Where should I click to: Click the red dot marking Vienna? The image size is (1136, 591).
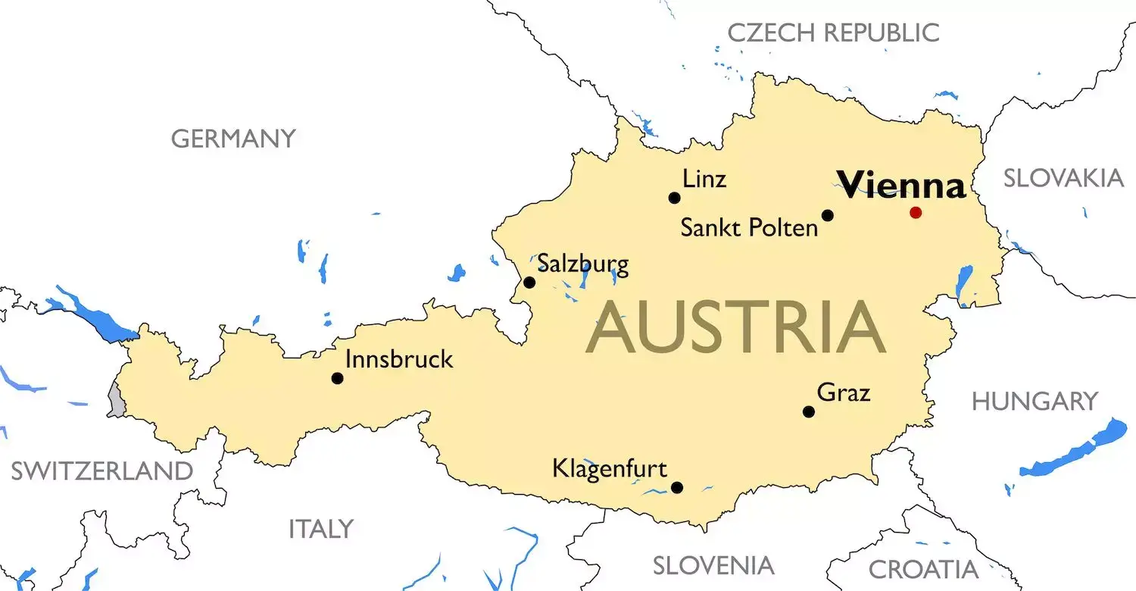click(916, 212)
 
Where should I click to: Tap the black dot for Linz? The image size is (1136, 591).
click(674, 198)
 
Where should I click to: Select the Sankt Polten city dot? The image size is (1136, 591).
click(827, 215)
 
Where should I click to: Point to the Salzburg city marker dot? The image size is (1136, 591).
click(529, 283)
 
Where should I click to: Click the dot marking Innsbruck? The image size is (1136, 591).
click(337, 377)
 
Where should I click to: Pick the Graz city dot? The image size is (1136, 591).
click(808, 411)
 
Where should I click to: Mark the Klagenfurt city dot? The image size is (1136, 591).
click(676, 487)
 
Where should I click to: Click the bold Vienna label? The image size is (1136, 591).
click(900, 185)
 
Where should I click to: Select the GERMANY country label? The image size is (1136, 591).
click(233, 139)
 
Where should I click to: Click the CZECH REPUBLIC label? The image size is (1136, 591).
click(833, 33)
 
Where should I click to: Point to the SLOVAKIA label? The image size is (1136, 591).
click(1063, 178)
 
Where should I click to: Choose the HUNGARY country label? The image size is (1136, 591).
click(1035, 402)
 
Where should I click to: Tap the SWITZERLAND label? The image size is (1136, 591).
click(101, 471)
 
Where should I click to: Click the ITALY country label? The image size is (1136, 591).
click(321, 529)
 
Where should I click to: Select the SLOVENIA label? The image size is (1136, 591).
click(713, 565)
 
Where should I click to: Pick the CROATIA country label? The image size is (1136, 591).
click(923, 569)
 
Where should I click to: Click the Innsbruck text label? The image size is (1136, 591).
click(398, 359)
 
